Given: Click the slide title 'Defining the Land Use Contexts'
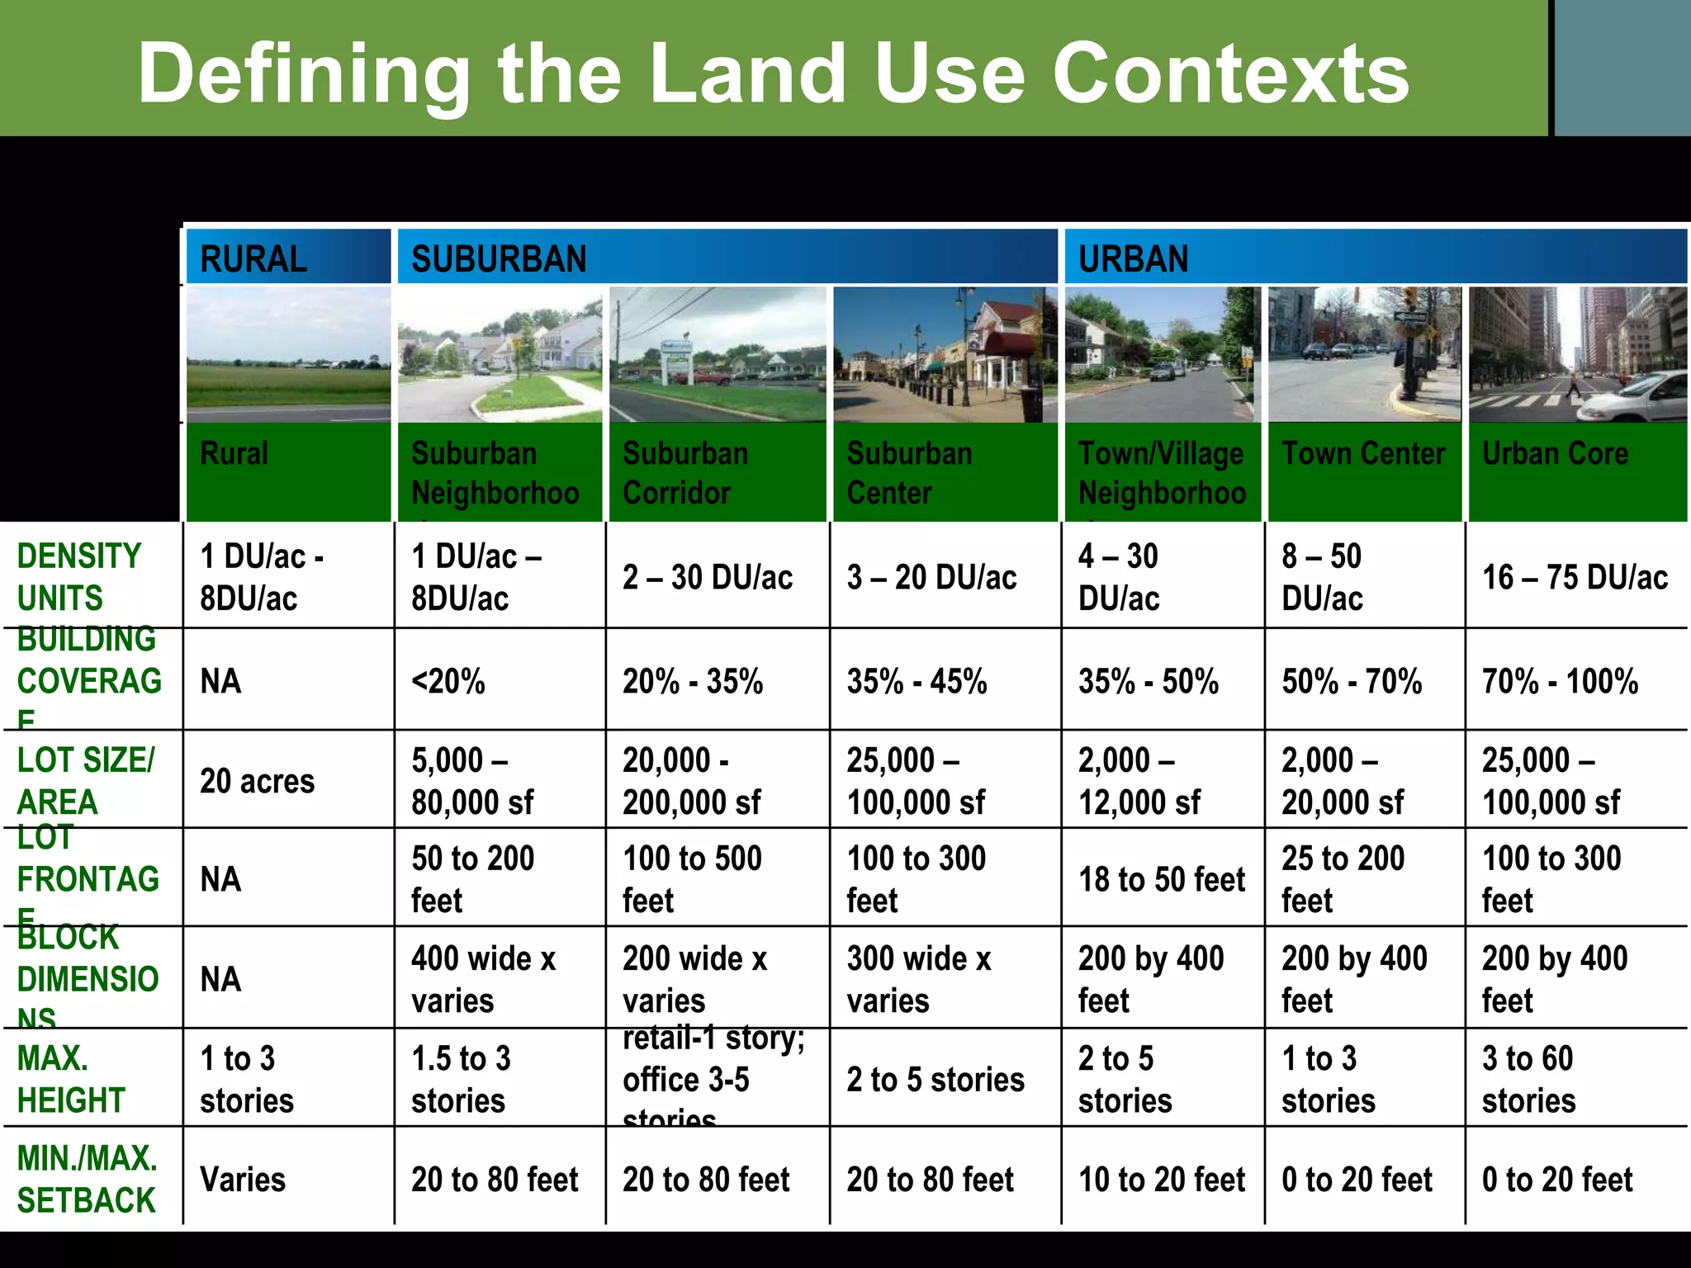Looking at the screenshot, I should (x=773, y=74).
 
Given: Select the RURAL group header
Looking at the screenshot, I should (x=253, y=259).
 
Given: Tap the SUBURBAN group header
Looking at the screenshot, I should (x=499, y=259).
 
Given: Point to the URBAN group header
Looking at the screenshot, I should (x=1133, y=259).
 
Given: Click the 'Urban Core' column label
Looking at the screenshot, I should (x=1555, y=454).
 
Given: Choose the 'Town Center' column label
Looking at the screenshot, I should (x=1363, y=454).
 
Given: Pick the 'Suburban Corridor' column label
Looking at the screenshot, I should (x=685, y=473).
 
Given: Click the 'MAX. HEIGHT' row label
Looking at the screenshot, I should (x=71, y=1079).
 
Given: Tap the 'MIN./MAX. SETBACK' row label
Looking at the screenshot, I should (x=87, y=1179).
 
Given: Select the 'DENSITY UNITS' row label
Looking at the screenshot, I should (x=79, y=577).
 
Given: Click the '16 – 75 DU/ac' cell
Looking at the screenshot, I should (x=1575, y=577).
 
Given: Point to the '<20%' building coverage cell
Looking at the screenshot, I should (x=448, y=682).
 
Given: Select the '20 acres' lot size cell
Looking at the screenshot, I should (x=257, y=781).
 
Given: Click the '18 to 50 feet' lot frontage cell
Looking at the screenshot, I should (x=1161, y=880).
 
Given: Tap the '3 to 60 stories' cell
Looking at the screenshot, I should (x=1528, y=1079).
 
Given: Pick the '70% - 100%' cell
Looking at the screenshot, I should (x=1560, y=682).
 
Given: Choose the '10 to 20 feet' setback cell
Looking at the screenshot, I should (x=1161, y=1180).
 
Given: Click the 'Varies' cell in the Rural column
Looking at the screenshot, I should (x=243, y=1180).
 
